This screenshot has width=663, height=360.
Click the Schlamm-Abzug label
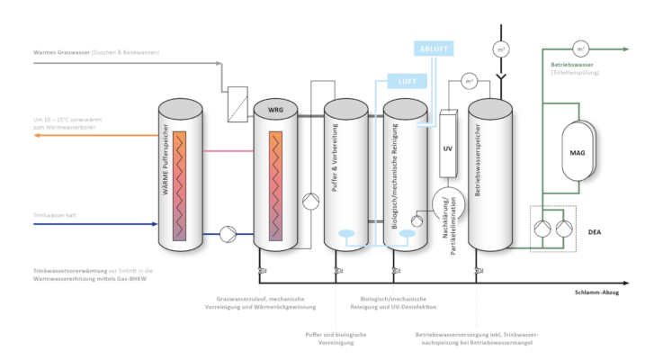595,293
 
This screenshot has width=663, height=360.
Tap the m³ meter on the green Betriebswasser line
580,49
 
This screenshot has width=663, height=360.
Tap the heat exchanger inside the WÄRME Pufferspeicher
180,184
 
